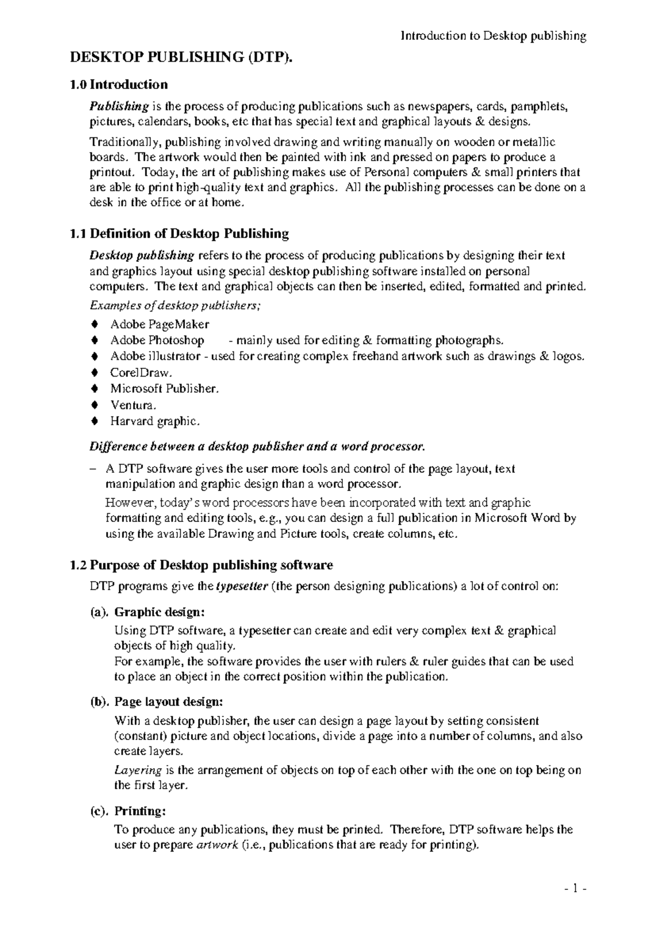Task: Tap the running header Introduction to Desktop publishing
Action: point(494,37)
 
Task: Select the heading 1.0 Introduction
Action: point(119,85)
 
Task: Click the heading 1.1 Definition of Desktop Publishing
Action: point(179,234)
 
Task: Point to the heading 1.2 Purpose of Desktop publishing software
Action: point(202,565)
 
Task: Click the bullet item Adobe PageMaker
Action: point(160,324)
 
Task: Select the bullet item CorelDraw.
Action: point(141,373)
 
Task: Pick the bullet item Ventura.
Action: point(133,405)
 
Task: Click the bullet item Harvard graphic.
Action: point(155,421)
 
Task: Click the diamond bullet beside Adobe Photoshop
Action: point(95,341)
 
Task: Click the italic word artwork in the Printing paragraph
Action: point(217,845)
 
